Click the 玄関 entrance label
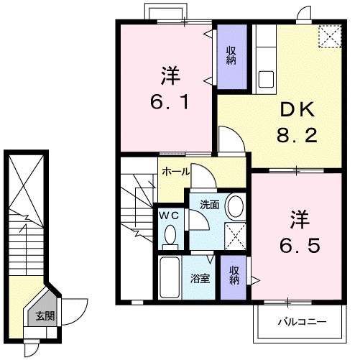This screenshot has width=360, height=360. point(45,315)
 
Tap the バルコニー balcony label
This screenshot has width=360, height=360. point(303,321)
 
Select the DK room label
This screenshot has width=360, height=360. point(297,109)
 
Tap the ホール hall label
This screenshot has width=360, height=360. point(176,172)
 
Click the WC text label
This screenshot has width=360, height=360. point(169,215)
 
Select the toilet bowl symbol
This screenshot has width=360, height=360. point(170,234)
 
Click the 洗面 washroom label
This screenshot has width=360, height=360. point(210,204)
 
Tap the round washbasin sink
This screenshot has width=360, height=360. point(234,207)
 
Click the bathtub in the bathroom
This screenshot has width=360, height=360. point(170,277)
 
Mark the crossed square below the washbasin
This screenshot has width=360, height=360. point(235,235)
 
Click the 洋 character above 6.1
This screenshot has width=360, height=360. point(170,74)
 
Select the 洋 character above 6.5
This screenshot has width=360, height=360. point(299,217)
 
